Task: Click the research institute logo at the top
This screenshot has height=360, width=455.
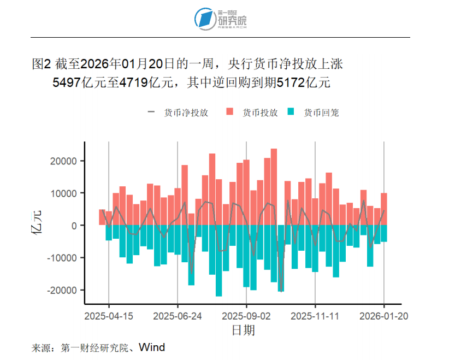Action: [221, 19]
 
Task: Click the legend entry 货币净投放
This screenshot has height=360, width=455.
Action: [186, 113]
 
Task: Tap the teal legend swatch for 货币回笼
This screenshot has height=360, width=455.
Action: [292, 113]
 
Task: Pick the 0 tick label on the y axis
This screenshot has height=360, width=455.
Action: [75, 226]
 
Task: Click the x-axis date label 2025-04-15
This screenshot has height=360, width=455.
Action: [109, 316]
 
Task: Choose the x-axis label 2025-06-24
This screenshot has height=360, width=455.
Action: [178, 316]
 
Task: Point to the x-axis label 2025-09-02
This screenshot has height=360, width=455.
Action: [246, 316]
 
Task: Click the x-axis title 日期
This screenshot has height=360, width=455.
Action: [243, 330]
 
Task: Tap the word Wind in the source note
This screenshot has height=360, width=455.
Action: [151, 347]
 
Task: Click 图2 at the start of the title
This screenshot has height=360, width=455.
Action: [42, 64]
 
